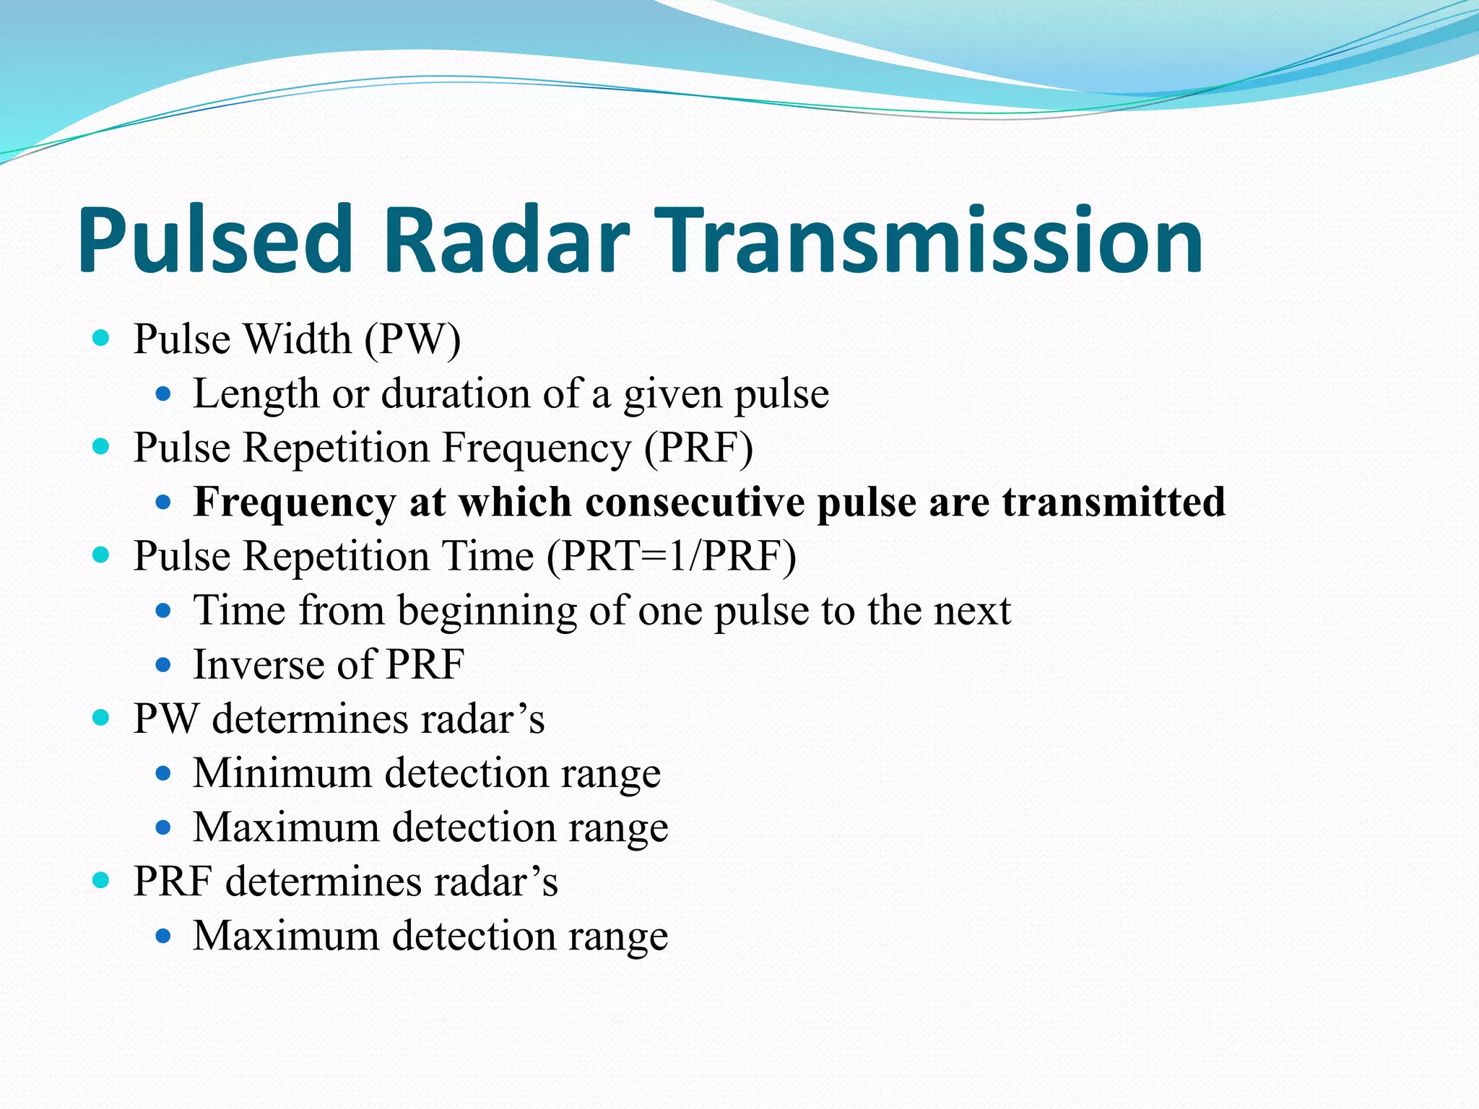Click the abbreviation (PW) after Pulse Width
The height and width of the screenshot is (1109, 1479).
[412, 339]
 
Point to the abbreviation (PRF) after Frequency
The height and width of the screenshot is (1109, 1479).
[698, 448]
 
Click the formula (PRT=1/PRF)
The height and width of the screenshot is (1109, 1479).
[671, 556]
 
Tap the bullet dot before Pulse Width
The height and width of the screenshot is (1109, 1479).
[101, 338]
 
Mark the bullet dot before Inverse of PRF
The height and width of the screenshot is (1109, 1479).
[163, 664]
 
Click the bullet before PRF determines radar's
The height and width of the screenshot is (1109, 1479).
[101, 880]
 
